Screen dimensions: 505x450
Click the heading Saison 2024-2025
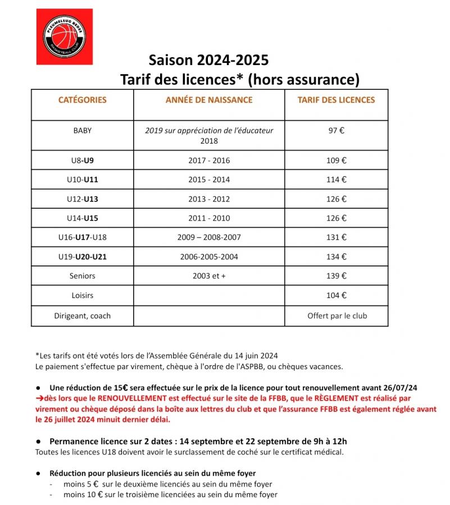coord(208,59)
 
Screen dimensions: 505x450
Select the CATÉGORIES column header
coord(83,100)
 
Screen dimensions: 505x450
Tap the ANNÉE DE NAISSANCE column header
coord(209,100)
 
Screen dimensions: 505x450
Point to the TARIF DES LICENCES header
coord(337,100)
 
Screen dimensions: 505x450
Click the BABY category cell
coord(83,131)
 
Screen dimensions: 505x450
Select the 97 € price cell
coord(337,131)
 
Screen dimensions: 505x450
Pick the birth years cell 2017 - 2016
coord(209,160)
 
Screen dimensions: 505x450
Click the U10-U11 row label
coord(83,180)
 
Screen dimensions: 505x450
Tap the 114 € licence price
coord(337,180)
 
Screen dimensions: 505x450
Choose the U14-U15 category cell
coord(83,218)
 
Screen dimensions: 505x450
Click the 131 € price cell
coord(337,237)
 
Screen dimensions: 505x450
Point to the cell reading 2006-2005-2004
coord(209,256)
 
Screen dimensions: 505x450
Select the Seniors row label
coord(83,276)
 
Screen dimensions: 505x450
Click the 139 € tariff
coord(337,276)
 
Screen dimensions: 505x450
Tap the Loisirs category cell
coord(83,295)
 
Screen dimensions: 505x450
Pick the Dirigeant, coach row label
coord(83,315)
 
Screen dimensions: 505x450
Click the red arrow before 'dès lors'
coord(39,398)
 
